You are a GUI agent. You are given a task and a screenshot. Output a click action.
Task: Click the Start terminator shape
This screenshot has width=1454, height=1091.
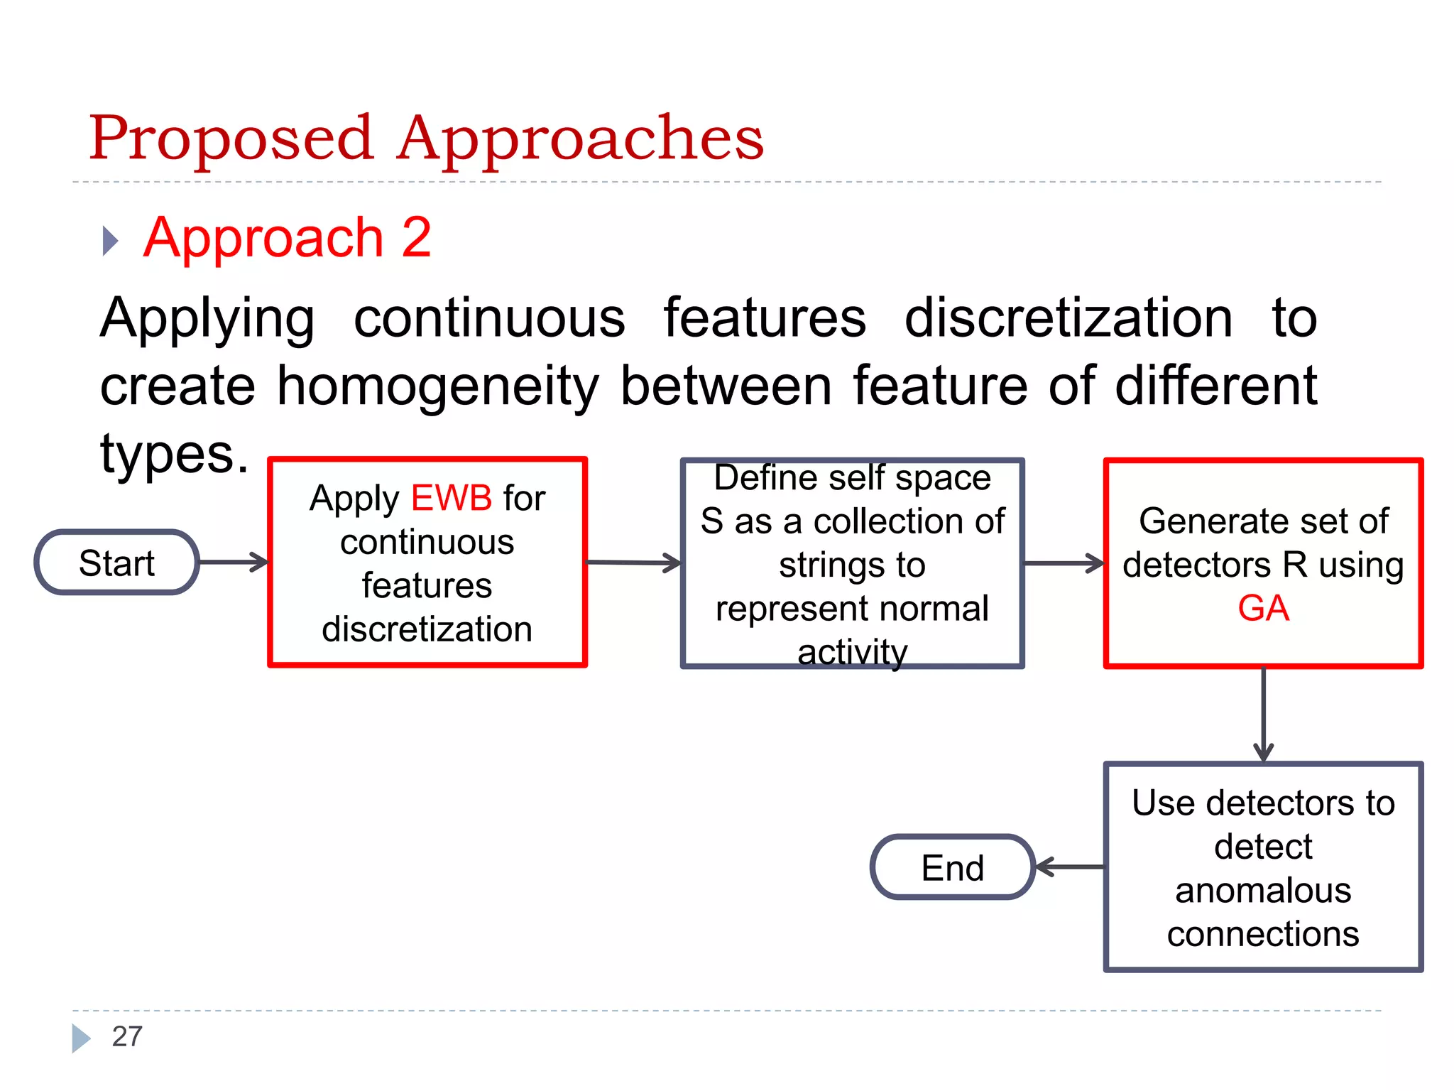(x=117, y=563)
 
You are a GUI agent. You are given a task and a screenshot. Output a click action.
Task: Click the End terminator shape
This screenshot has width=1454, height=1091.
(x=952, y=867)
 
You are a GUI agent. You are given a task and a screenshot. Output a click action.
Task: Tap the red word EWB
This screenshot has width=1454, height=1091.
(x=452, y=497)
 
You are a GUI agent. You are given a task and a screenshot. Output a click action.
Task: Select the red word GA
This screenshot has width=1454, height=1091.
(x=1263, y=608)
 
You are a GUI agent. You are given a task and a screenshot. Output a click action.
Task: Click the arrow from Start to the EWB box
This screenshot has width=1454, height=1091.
(x=233, y=562)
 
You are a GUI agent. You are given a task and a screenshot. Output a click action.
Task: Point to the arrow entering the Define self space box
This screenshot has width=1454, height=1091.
(x=633, y=563)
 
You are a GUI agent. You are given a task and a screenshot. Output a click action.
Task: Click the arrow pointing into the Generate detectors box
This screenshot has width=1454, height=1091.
(x=1064, y=563)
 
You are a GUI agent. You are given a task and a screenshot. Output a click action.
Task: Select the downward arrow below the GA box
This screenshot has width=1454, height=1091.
(x=1263, y=714)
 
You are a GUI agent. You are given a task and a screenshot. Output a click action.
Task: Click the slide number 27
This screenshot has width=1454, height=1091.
(x=127, y=1036)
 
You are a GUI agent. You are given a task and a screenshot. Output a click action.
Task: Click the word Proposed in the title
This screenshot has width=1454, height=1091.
(x=231, y=139)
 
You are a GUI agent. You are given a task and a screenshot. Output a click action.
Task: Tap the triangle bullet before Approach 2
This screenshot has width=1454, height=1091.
(x=110, y=241)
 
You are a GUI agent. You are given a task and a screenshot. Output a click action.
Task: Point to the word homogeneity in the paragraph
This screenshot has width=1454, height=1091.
(x=437, y=386)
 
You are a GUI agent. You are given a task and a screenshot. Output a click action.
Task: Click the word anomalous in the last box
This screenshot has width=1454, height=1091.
(x=1262, y=890)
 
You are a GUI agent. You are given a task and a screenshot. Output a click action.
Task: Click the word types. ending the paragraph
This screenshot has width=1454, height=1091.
(x=175, y=454)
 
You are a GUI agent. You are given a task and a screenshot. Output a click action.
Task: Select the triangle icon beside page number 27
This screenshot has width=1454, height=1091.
(x=80, y=1038)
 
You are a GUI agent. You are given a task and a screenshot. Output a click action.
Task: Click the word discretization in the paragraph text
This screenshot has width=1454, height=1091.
(x=1068, y=318)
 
